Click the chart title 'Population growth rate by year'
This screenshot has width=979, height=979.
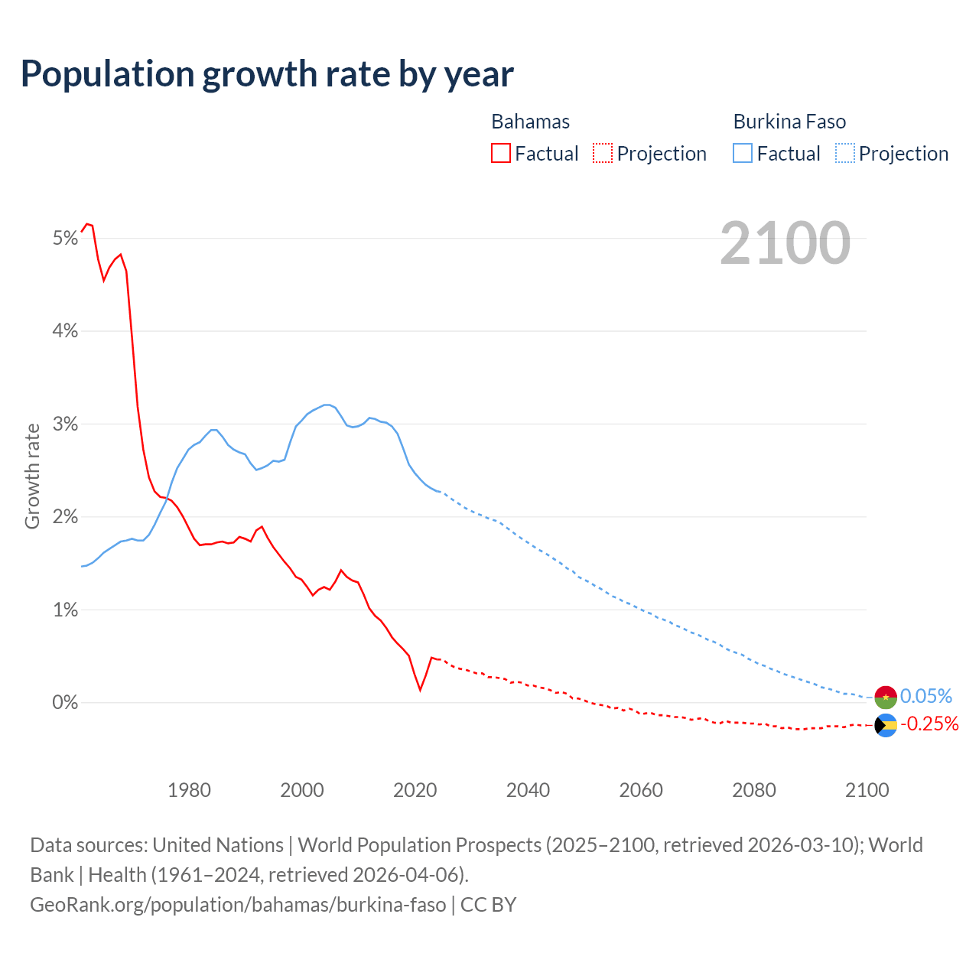coord(267,74)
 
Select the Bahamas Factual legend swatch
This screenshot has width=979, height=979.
coord(500,154)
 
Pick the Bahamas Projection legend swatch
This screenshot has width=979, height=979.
coord(603,154)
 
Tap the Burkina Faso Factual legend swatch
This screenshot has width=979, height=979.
coord(743,154)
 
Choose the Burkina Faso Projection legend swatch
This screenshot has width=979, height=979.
coord(844,154)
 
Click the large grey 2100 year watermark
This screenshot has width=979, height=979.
coord(785,243)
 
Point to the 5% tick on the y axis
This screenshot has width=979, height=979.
coord(66,239)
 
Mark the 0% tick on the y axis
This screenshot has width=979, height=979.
coord(66,703)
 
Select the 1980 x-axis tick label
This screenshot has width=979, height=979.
coord(189,790)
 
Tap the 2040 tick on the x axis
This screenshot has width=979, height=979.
coord(528,790)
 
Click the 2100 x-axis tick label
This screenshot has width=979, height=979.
coord(867,790)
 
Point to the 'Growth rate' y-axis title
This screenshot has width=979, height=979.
coord(32,476)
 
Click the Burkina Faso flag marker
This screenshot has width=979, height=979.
coord(886,697)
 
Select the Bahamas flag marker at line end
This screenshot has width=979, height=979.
coord(886,725)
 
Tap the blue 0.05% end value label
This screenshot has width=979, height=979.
coord(926,696)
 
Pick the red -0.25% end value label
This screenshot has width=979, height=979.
coord(929,724)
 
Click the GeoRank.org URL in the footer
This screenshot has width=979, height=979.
coord(238,905)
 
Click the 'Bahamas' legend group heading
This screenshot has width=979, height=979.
coord(530,122)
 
